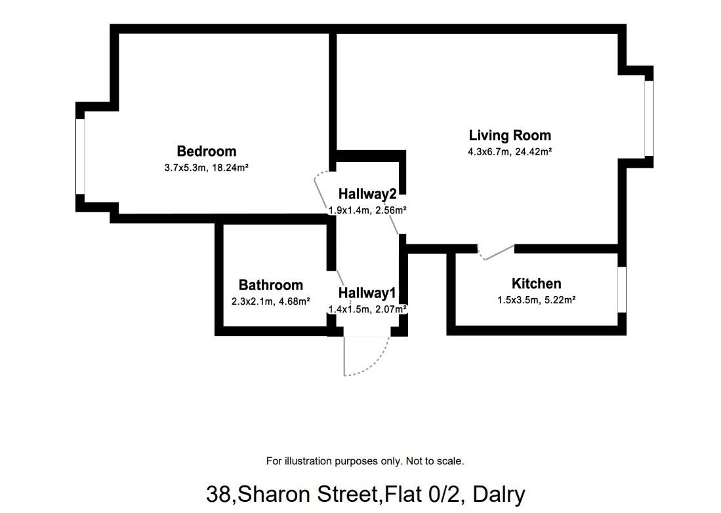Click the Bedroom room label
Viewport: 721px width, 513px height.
pos(207,151)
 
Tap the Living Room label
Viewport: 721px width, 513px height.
pos(510,136)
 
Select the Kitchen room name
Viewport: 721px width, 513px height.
pos(536,284)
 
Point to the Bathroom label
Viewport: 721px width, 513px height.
pos(270,285)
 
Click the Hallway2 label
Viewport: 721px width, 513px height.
pos(367,195)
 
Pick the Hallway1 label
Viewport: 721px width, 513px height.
pos(367,293)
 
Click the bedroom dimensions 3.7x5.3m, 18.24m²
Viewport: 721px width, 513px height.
pos(207,168)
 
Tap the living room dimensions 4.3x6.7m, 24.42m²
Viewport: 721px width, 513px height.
pos(510,151)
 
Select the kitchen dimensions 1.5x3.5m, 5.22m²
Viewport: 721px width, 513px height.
pos(537,300)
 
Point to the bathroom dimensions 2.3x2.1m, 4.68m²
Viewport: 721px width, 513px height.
pos(270,302)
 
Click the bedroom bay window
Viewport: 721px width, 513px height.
pos(81,157)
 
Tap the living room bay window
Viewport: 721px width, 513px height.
pos(649,119)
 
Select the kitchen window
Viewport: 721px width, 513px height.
pos(622,290)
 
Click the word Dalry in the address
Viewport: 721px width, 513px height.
pos(499,495)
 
